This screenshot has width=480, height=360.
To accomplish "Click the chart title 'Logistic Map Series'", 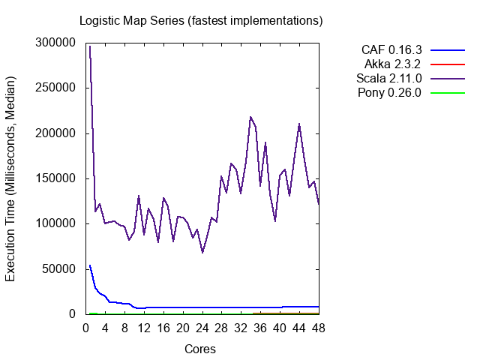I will [x=201, y=20].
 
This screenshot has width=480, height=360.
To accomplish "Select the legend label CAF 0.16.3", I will [x=391, y=50].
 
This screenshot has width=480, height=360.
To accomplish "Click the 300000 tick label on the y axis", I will [x=55, y=43].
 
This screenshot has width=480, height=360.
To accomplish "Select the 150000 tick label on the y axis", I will [x=55, y=178].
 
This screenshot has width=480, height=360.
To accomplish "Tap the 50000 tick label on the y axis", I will [x=58, y=268].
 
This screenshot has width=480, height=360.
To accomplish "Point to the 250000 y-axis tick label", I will [x=55, y=88].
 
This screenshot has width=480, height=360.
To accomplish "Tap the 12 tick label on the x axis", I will [x=144, y=328].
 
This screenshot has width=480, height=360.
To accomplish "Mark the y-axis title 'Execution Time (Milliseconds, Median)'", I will [x=11, y=178].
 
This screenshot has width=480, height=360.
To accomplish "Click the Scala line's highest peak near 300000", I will [x=90, y=46].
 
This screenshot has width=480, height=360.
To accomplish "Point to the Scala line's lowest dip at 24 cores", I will [x=202, y=252].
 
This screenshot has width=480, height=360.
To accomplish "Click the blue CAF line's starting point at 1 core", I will [x=90, y=265].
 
